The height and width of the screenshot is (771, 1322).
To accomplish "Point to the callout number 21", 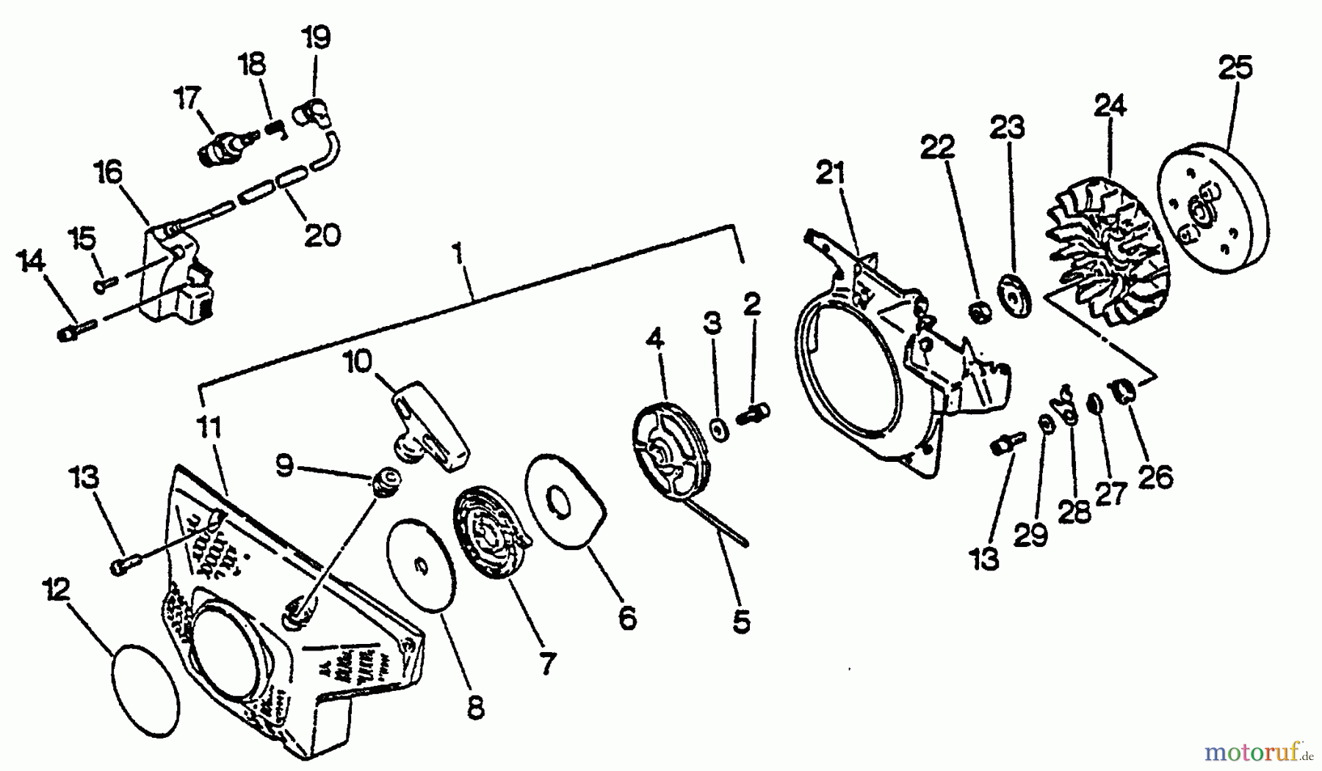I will (831, 175).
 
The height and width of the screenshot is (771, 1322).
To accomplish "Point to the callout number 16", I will (108, 175).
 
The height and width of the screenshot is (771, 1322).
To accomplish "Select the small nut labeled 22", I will (979, 313).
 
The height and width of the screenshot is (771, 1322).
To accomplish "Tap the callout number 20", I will (322, 235).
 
